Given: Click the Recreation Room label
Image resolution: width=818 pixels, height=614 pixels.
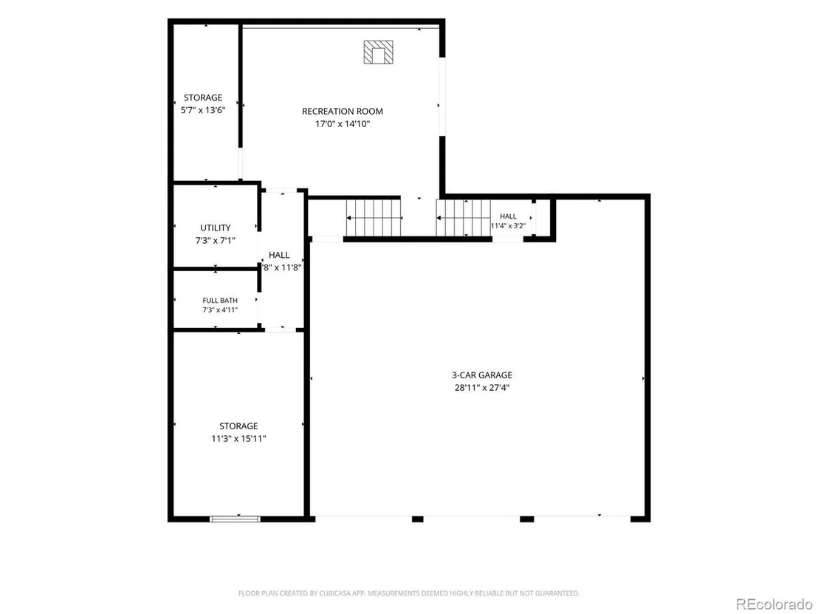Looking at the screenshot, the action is (343, 112).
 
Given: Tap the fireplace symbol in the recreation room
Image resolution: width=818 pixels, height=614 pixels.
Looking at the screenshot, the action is (378, 52).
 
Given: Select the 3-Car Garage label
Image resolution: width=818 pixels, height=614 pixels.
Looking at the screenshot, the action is (481, 375).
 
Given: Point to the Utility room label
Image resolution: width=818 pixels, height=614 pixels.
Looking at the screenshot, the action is (216, 228).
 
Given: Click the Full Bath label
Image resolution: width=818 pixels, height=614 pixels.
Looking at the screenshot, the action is (219, 300).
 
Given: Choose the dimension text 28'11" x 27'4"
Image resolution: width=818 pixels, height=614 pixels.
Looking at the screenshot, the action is (481, 387).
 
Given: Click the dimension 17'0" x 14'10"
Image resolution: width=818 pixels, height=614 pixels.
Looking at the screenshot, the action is (343, 123).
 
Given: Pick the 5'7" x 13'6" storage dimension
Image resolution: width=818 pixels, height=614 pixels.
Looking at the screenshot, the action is (203, 110).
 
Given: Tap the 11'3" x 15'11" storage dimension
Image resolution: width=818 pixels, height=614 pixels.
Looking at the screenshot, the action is (238, 439).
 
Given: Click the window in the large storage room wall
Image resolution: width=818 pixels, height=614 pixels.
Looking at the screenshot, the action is (235, 519).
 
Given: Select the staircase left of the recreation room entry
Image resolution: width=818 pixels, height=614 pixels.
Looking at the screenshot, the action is (374, 218).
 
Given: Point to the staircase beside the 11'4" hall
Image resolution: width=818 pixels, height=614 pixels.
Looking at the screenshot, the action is (463, 218).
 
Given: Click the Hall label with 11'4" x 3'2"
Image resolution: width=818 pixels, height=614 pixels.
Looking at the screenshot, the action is (508, 216).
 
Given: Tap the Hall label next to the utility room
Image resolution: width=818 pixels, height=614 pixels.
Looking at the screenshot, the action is (279, 255).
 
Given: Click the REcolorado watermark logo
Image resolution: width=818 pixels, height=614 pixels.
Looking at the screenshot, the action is (774, 604).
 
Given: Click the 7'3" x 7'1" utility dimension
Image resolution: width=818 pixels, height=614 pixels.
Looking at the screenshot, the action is (216, 240).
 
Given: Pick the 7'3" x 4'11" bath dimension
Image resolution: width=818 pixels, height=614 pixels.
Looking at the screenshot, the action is (219, 310).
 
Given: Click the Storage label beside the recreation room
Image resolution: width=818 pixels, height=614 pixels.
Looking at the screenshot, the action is (203, 98).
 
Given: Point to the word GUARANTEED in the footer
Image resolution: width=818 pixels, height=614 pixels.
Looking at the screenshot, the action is (560, 593).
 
